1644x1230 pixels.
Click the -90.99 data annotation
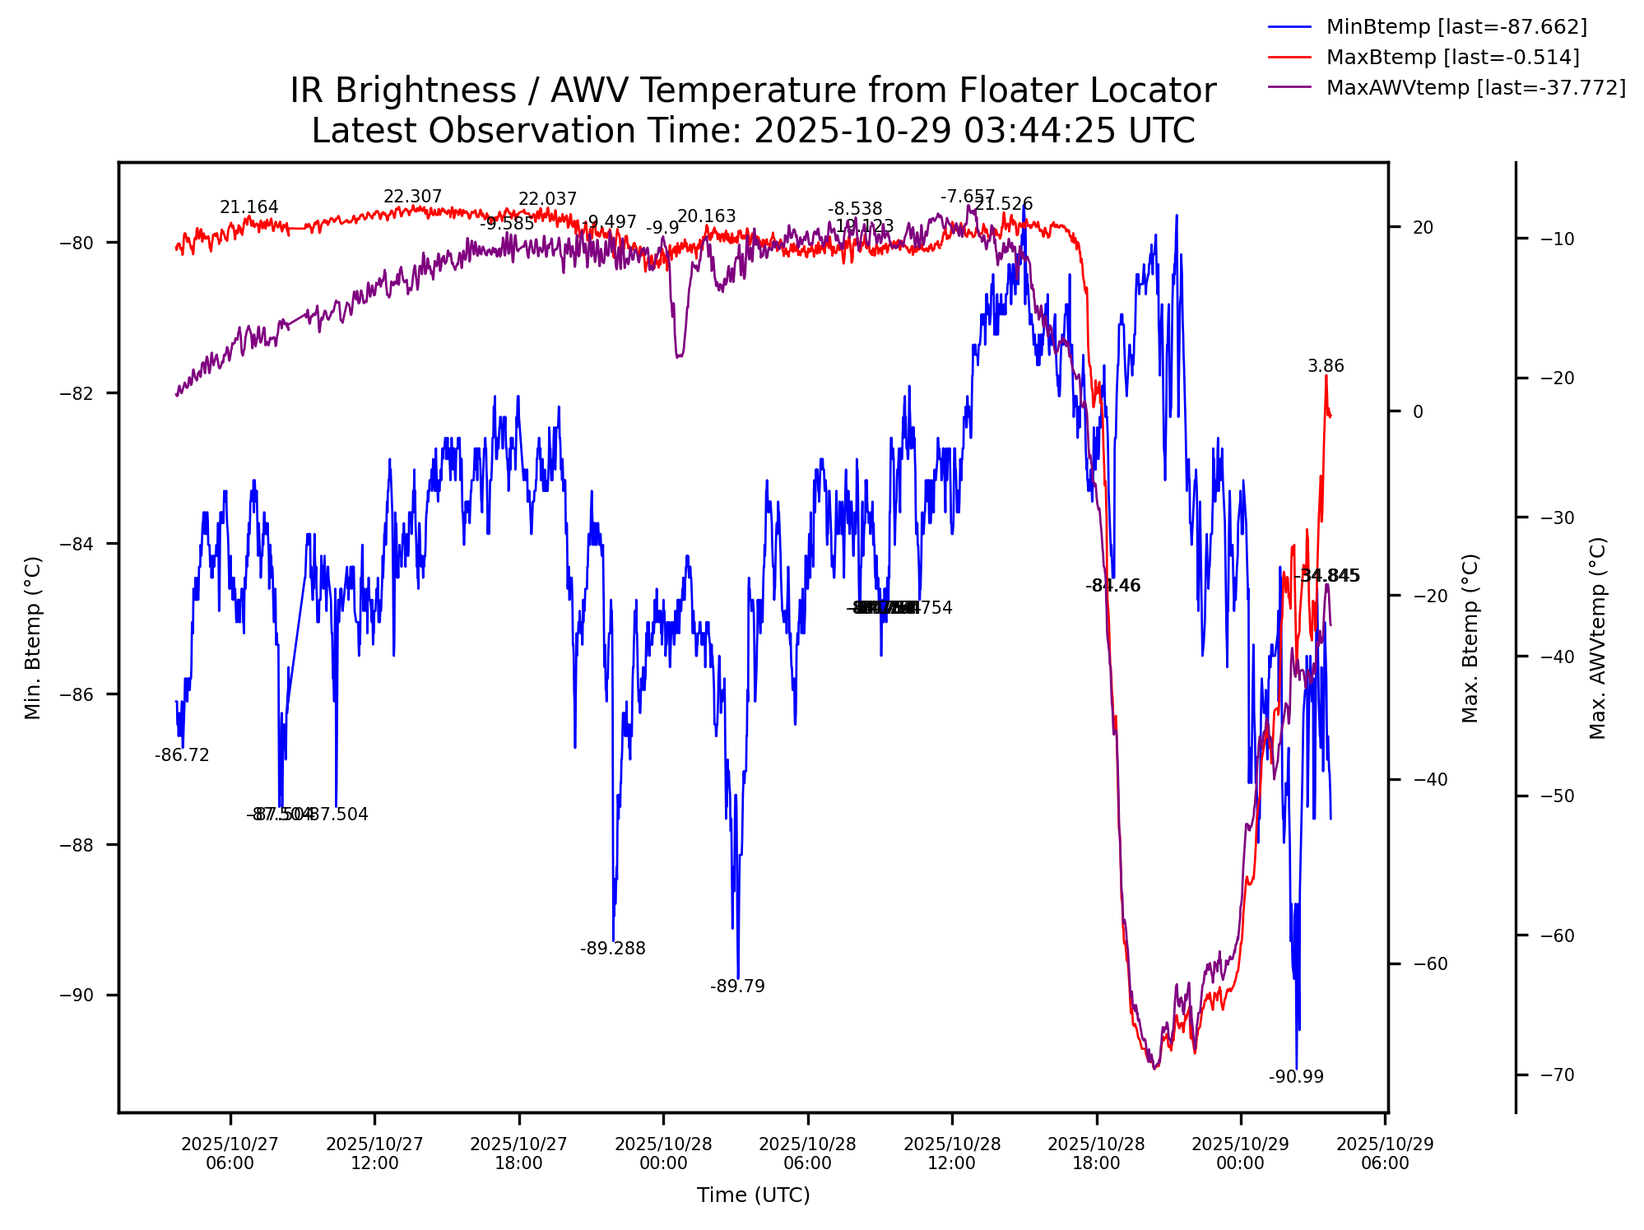[1296, 1077]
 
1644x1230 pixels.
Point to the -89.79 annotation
[737, 986]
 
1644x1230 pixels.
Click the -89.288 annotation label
[613, 949]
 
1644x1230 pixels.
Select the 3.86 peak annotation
[1326, 366]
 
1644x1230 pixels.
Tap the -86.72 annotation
[182, 755]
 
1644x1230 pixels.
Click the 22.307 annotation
[413, 197]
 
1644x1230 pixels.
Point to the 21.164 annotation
[248, 207]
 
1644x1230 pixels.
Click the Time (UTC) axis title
[753, 1195]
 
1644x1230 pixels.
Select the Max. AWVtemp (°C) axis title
[1597, 638]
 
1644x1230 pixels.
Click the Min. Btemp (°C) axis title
[33, 638]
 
